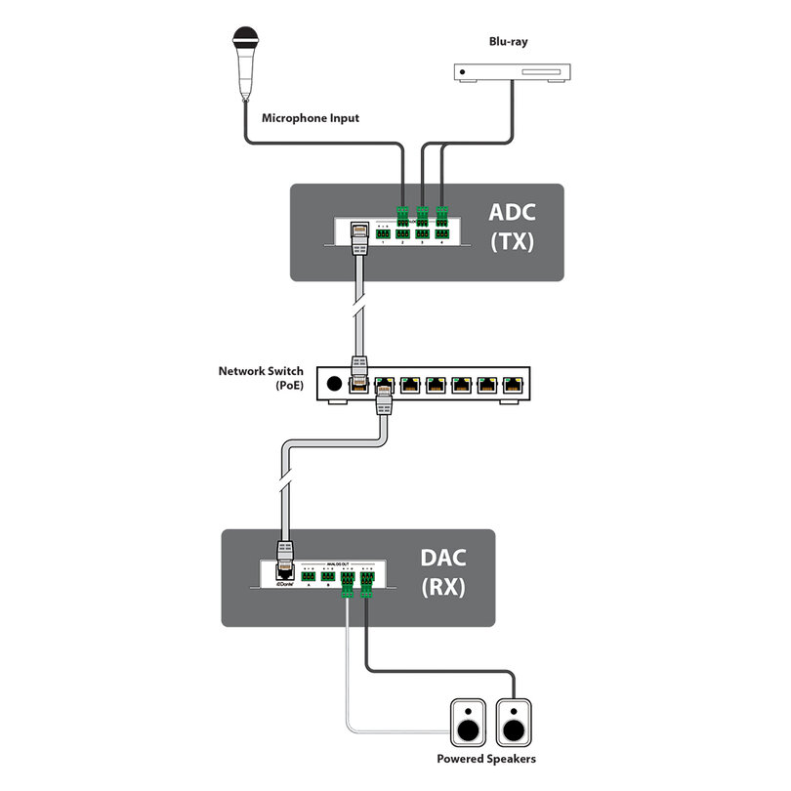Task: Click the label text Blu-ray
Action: (510, 41)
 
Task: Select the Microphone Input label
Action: (311, 118)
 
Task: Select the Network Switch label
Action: (261, 371)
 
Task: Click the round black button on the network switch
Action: (337, 385)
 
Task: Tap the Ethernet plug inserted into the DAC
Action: (285, 558)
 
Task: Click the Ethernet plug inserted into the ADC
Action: (358, 234)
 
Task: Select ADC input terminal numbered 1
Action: (382, 234)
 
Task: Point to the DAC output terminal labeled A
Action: (308, 575)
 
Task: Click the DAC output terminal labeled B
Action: (328, 575)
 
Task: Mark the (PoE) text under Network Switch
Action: (288, 386)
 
